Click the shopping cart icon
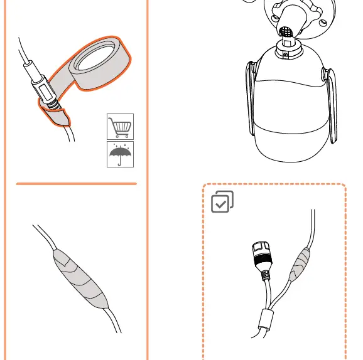[119, 127]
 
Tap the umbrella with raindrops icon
[119, 153]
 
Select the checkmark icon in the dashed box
[222, 201]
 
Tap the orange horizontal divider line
[76, 184]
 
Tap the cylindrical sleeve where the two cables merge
[266, 319]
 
